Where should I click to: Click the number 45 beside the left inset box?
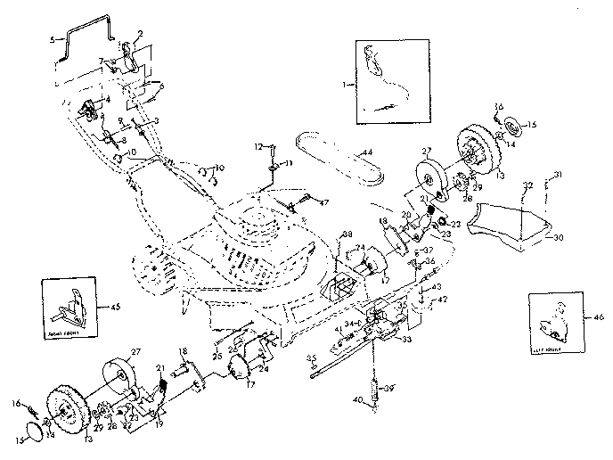[x=114, y=309]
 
